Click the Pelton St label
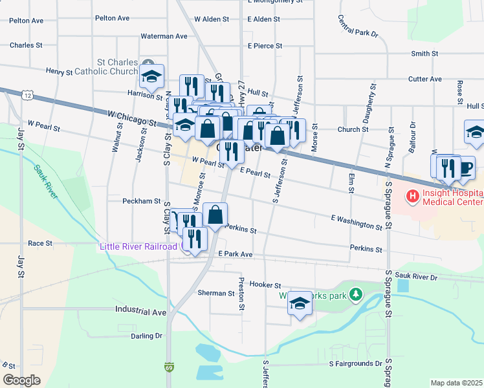27,21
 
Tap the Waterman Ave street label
164,36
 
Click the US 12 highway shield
27,95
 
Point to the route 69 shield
169,367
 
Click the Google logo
21,380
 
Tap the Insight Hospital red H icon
412,195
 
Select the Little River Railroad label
138,246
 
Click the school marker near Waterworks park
300,304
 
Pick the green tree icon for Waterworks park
355,295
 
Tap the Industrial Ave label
141,312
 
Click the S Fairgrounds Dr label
355,364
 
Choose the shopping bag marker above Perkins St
215,214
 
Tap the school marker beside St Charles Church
152,76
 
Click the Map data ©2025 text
456,383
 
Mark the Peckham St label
142,201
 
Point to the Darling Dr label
146,336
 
